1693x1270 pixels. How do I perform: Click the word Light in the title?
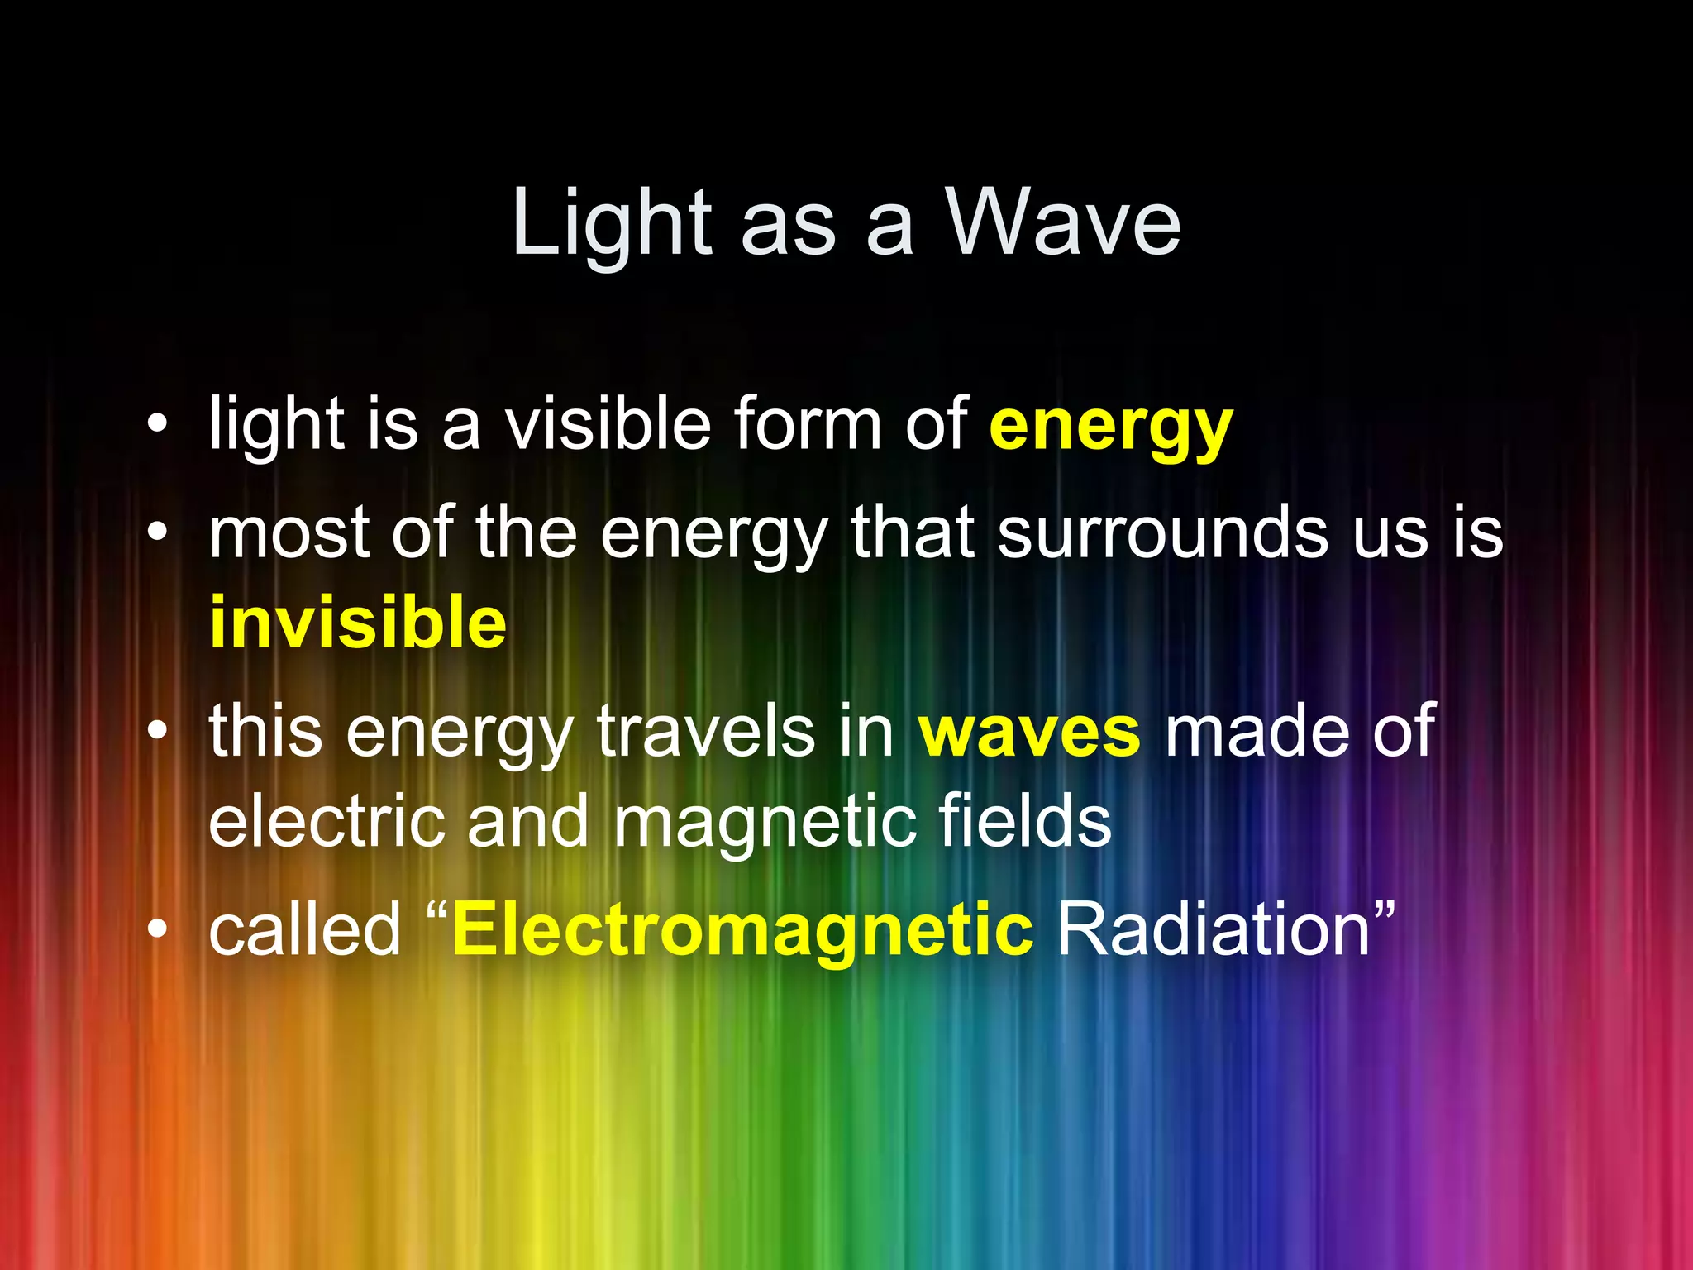click(x=611, y=223)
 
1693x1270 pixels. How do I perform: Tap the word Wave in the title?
click(x=1063, y=223)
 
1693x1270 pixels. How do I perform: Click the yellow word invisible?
click(x=357, y=622)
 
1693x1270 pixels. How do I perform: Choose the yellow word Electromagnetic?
click(x=742, y=930)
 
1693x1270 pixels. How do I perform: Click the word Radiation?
click(x=1214, y=930)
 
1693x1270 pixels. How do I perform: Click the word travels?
click(x=705, y=731)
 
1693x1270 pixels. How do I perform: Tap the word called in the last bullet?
click(x=304, y=930)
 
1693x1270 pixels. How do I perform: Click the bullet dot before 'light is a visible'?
click(x=157, y=426)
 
